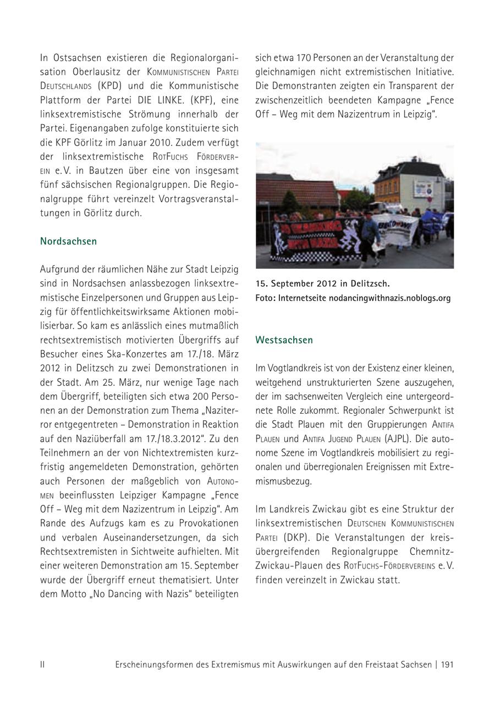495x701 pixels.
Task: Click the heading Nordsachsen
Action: pos(68,241)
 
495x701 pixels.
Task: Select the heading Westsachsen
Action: pos(284,340)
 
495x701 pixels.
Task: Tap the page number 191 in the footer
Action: pos(447,664)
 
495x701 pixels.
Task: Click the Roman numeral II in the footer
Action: pos(42,664)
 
